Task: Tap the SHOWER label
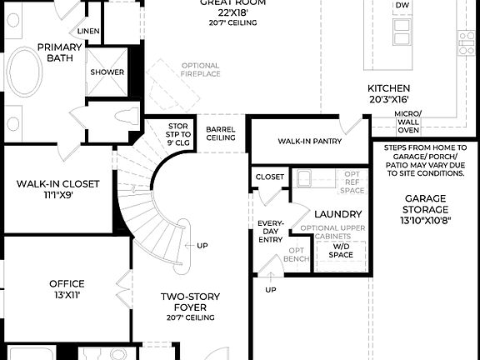pyautogui.click(x=107, y=72)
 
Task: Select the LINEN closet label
pyautogui.click(x=88, y=32)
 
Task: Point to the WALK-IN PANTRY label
pyautogui.click(x=310, y=142)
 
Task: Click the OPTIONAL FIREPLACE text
pyautogui.click(x=200, y=71)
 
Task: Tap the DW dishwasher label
pyautogui.click(x=402, y=5)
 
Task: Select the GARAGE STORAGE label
pyautogui.click(x=426, y=209)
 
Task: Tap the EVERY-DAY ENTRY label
pyautogui.click(x=272, y=232)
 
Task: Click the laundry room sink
pyautogui.click(x=304, y=177)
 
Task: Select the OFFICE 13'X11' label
pyautogui.click(x=66, y=288)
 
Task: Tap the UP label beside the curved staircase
pyautogui.click(x=202, y=246)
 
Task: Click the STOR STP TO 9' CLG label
pyautogui.click(x=179, y=133)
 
